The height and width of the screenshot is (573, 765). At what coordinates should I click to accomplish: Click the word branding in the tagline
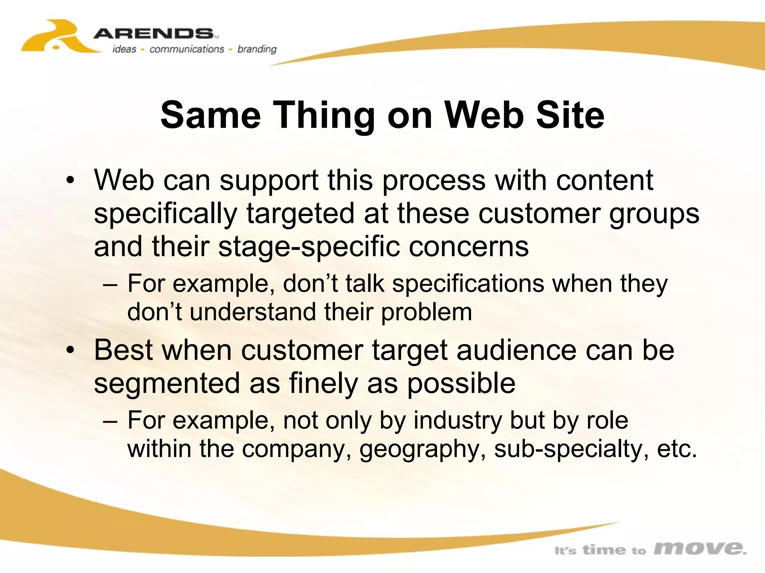(x=257, y=49)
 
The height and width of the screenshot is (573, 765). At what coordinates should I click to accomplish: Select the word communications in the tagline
(x=186, y=49)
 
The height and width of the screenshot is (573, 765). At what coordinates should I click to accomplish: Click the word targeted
(x=300, y=213)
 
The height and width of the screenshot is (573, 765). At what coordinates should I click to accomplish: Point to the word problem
(x=426, y=312)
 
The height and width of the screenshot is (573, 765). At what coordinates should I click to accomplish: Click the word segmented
(x=167, y=383)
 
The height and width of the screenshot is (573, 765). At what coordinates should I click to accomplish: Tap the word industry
(x=458, y=420)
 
